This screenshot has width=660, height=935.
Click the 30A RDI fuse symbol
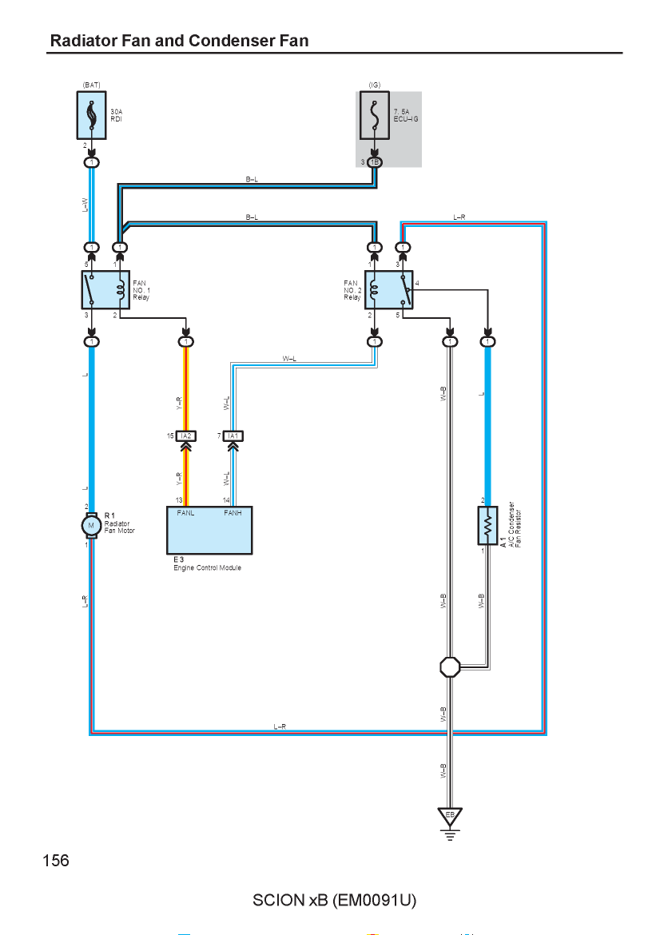point(91,115)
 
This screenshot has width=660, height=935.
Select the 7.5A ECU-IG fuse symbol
point(375,115)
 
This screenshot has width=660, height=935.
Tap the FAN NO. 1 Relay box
point(105,289)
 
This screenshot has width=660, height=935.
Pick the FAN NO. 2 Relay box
point(388,289)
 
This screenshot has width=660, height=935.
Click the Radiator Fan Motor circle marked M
point(91,525)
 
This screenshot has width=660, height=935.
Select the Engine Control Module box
point(209,530)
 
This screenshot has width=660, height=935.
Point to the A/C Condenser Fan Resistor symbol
point(487,525)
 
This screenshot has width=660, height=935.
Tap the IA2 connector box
point(186,436)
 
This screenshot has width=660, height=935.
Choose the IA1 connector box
point(233,436)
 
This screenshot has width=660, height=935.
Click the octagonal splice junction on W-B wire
point(450,667)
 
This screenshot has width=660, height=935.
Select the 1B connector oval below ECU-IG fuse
point(375,162)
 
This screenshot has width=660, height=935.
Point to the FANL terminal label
point(185,513)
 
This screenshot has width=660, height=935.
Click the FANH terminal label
point(233,513)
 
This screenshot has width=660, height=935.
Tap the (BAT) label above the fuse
point(91,86)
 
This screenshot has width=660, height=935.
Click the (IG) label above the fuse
point(375,86)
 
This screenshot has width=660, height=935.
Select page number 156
point(56,861)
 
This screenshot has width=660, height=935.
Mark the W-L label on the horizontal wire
point(289,359)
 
